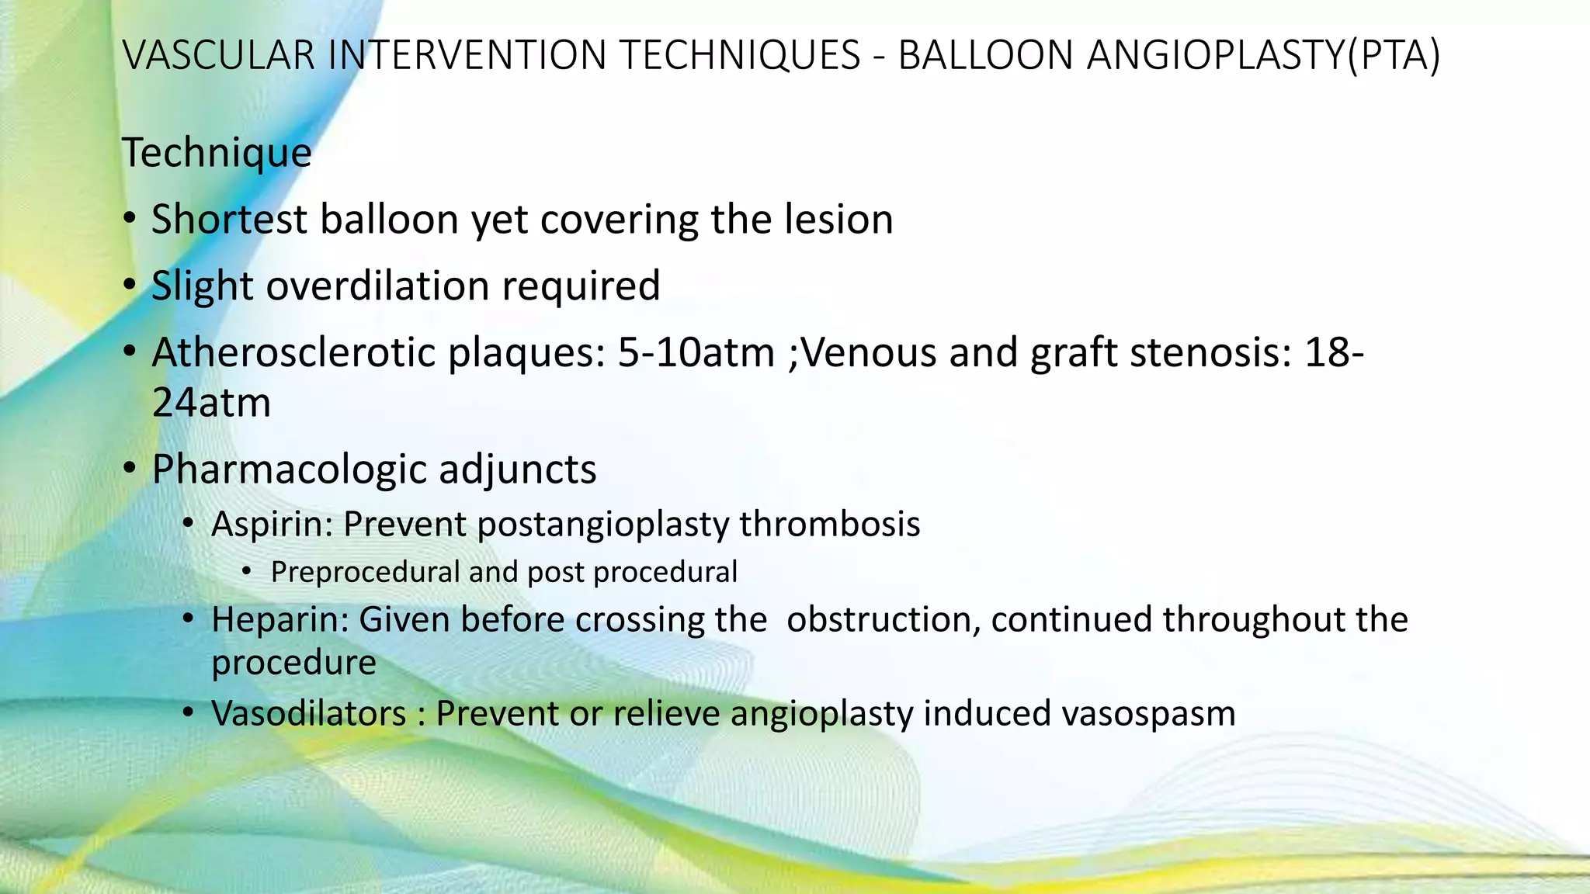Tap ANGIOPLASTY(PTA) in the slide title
point(1263,56)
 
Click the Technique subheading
point(217,152)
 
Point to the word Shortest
point(230,219)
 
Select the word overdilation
point(377,286)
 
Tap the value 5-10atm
point(696,353)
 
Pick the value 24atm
point(211,403)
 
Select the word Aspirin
point(272,524)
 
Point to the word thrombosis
point(829,524)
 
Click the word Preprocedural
point(366,573)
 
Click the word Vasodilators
point(308,713)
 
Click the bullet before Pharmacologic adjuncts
point(130,469)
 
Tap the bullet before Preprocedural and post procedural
point(247,573)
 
